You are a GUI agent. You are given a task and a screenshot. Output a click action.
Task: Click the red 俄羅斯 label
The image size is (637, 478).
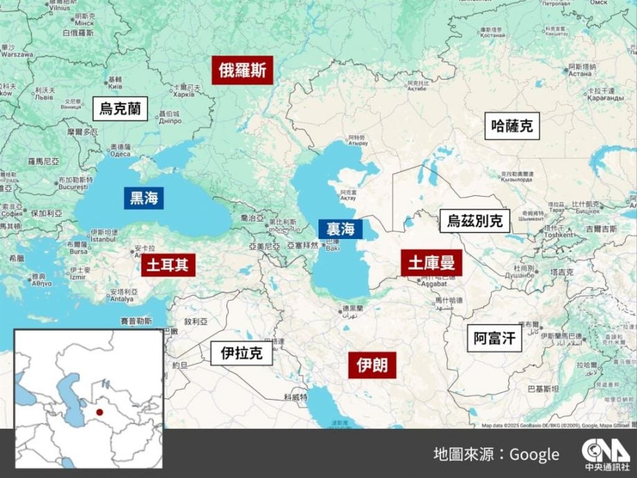pyautogui.click(x=242, y=70)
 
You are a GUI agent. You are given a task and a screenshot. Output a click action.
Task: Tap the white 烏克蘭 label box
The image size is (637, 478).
pyautogui.click(x=120, y=108)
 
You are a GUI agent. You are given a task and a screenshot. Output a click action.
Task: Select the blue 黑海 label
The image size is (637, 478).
pyautogui.click(x=144, y=198)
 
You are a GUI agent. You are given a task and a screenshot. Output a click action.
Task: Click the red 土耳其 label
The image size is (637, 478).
pyautogui.click(x=168, y=265)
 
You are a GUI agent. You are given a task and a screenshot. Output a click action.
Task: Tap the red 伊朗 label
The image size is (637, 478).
pyautogui.click(x=372, y=364)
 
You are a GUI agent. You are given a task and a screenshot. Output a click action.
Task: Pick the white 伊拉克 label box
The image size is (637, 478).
pyautogui.click(x=242, y=353)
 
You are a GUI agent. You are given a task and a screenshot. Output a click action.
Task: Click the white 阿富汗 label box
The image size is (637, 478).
pyautogui.click(x=494, y=338)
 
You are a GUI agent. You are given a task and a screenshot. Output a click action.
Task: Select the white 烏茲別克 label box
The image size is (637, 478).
pyautogui.click(x=475, y=221)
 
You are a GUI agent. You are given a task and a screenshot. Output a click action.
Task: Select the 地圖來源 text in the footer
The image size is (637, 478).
pyautogui.click(x=465, y=454)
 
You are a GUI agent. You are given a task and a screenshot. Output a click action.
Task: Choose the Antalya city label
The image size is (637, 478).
pyautogui.click(x=120, y=299)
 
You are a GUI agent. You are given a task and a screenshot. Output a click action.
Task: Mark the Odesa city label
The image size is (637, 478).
pyautogui.click(x=120, y=154)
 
